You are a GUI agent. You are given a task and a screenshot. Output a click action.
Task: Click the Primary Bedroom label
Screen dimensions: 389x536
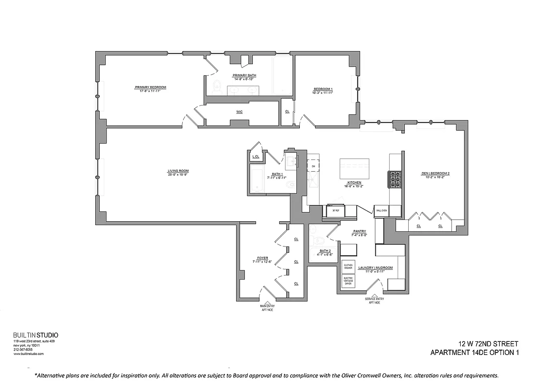coord(150,88)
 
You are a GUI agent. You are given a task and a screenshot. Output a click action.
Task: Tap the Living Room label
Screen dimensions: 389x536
coord(178,171)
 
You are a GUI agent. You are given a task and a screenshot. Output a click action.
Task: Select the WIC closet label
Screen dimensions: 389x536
coord(239,112)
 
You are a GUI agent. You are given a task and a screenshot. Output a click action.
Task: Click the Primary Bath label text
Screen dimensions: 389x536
coord(244,75)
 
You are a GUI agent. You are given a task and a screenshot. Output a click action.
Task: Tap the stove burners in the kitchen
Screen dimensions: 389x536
coord(394,180)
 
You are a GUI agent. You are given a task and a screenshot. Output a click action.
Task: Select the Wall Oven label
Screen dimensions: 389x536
coord(381,211)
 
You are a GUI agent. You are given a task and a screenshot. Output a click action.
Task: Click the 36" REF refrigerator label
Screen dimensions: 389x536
coord(335,211)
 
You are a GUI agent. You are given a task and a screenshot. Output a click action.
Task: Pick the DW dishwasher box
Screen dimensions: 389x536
coord(313,166)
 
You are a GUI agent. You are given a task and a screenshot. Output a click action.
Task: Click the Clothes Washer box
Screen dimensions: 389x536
coord(348,267)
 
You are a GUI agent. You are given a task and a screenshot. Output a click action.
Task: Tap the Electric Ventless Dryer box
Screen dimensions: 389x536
coord(348,281)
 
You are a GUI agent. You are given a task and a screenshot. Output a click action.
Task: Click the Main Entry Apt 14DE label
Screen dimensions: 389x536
coord(267,307)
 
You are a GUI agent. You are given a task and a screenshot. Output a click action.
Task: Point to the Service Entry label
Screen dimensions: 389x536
coord(374,301)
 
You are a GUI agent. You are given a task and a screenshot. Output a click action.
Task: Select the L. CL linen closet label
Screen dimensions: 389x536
coord(256,157)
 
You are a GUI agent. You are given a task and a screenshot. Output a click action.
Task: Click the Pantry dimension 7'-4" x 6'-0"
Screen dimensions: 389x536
coord(359,235)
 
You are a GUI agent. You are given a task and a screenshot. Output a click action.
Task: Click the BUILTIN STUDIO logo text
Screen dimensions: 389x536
coord(35,335)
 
